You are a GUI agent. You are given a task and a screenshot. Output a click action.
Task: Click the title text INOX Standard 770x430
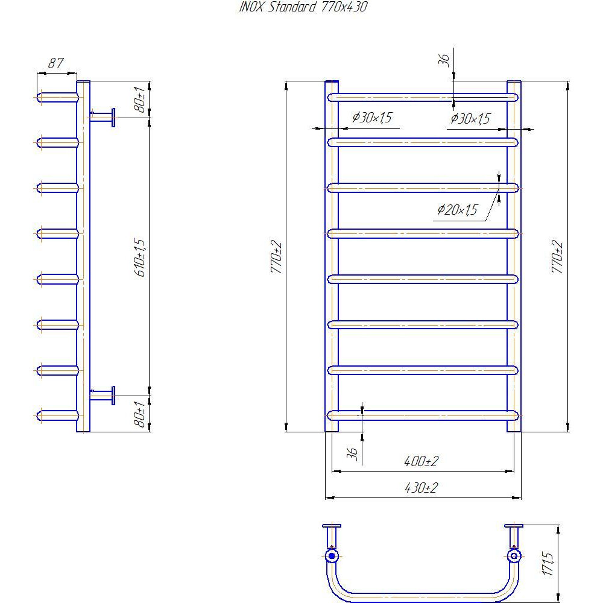[x=303, y=7]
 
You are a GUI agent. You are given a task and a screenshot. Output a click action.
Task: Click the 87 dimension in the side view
[x=55, y=63]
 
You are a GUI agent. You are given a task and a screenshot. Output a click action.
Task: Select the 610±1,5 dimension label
[x=140, y=257]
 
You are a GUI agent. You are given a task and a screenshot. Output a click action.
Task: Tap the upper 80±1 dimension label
[x=140, y=99]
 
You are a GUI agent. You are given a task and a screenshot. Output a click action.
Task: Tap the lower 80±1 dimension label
[x=140, y=414]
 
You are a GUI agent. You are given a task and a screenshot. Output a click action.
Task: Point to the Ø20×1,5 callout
[x=457, y=210]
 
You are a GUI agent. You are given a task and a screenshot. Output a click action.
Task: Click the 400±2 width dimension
[x=421, y=461]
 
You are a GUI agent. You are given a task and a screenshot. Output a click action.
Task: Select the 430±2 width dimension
[x=421, y=488]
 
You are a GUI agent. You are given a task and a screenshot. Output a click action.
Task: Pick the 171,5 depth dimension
[x=548, y=564]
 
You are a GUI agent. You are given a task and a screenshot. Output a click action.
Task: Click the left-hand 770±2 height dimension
[x=276, y=257]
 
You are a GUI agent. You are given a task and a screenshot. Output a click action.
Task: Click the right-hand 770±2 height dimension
[x=557, y=257]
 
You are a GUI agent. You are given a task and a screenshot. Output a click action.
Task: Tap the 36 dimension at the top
[x=444, y=60]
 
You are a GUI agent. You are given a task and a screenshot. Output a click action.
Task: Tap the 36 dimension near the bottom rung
[x=352, y=453]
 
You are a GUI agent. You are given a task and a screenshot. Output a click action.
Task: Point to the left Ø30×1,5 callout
[x=372, y=118]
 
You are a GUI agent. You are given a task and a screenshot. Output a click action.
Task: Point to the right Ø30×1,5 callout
[x=470, y=118]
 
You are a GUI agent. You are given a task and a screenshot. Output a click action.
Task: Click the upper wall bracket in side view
[x=103, y=118]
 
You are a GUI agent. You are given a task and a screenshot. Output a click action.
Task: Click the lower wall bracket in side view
[x=103, y=396]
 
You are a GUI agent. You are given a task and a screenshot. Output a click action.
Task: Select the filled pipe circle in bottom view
[x=332, y=556]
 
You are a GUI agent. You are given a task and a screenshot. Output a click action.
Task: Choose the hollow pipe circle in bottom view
[x=514, y=556]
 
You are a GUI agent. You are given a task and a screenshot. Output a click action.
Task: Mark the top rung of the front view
[x=423, y=97]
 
